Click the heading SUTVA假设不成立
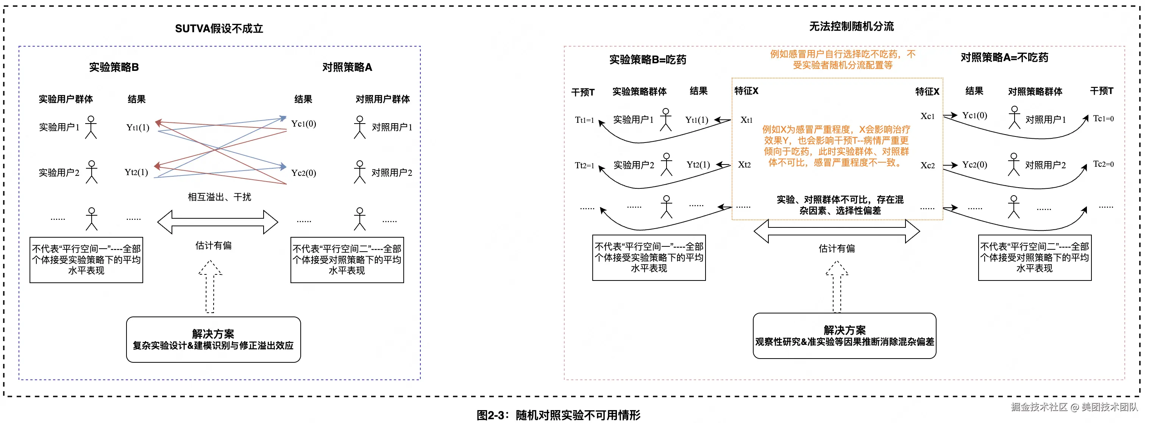(219, 28)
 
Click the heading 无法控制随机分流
(851, 26)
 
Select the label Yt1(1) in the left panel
(138, 128)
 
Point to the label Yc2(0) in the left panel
(304, 173)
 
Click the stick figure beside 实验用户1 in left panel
(91, 127)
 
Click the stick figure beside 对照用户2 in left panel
(359, 172)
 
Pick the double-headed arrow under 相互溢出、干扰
(218, 222)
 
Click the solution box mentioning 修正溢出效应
(213, 340)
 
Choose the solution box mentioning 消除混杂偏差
(845, 336)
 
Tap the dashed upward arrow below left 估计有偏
(210, 287)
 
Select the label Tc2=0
(1104, 164)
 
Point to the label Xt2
(745, 164)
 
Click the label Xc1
(928, 116)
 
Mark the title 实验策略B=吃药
(648, 60)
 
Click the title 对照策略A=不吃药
(1004, 57)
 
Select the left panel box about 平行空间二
(347, 260)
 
